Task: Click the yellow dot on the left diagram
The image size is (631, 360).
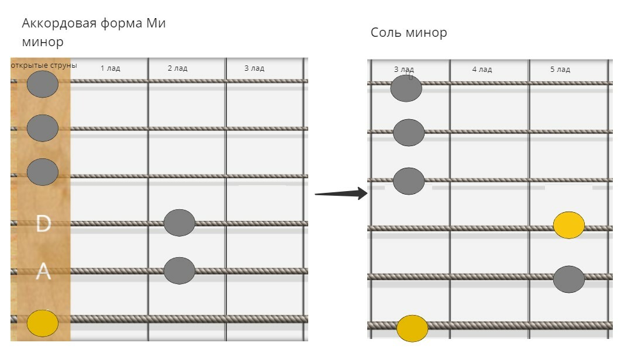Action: click(x=43, y=323)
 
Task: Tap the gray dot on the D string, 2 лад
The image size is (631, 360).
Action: click(x=180, y=223)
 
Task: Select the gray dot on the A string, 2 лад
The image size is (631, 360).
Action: click(x=180, y=271)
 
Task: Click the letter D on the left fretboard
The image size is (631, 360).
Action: click(x=43, y=223)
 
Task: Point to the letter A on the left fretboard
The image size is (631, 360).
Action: click(x=43, y=272)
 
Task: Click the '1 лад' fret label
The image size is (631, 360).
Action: click(x=110, y=68)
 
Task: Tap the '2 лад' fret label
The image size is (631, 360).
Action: click(x=177, y=68)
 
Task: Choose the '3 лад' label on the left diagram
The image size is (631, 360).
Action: click(x=254, y=68)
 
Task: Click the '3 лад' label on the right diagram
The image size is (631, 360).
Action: click(x=404, y=70)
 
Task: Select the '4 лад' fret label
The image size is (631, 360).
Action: click(x=482, y=70)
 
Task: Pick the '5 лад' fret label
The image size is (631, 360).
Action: click(x=560, y=70)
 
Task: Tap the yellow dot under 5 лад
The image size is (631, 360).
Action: click(x=569, y=226)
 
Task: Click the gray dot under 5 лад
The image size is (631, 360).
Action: click(x=569, y=279)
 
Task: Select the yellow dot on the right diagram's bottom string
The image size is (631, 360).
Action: click(x=412, y=328)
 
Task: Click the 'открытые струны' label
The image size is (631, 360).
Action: click(x=44, y=65)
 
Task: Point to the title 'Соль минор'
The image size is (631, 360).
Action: click(x=409, y=33)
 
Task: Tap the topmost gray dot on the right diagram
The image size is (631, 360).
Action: click(x=406, y=88)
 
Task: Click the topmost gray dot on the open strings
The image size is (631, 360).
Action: click(x=43, y=84)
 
